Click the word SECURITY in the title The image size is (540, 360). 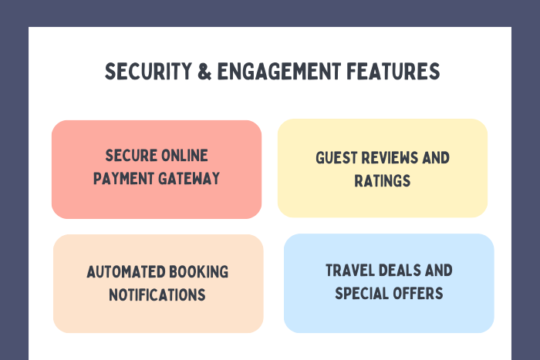coord(148,71)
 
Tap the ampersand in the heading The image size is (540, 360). coord(204,71)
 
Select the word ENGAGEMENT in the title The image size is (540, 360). coord(279,71)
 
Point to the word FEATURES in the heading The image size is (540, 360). coord(393,71)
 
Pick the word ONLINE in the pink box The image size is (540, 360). coord(184,156)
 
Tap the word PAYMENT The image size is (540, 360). coord(123,179)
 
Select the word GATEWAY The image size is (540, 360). coord(189,179)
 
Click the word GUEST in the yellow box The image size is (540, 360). coord(336,158)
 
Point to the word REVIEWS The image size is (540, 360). coord(390,158)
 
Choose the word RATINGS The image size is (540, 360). coord(383,181)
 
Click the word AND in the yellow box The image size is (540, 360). coord(436,158)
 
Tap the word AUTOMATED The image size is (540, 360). coord(126,272)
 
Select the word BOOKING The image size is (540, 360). coord(199,272)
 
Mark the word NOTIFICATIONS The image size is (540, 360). coord(157,295)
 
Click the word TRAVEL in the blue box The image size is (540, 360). coord(350,271)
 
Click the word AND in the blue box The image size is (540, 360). coord(439,271)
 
